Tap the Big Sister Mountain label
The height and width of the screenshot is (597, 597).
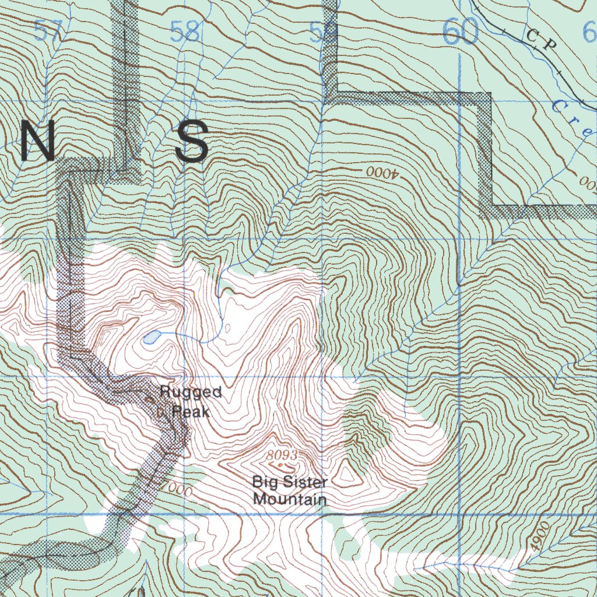click(290, 491)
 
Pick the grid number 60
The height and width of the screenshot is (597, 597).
click(461, 33)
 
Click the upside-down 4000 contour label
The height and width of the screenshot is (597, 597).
click(382, 173)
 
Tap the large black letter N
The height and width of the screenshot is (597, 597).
click(38, 143)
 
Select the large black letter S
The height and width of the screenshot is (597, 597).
click(192, 143)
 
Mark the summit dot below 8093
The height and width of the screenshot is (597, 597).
click(282, 466)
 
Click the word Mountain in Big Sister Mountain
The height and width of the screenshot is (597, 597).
click(290, 500)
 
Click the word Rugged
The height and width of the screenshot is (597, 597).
click(191, 392)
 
